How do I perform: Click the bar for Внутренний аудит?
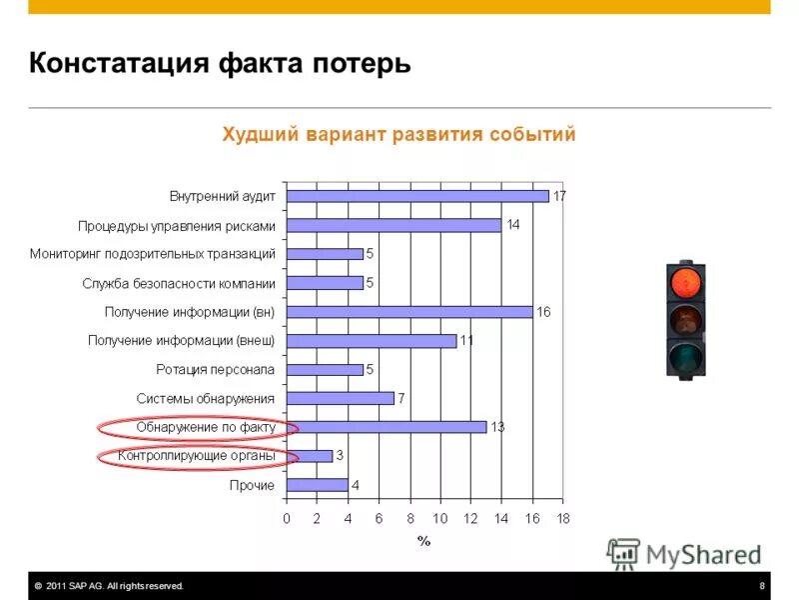coord(417,196)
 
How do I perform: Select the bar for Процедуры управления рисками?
coord(394,225)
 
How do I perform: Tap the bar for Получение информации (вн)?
coord(409,312)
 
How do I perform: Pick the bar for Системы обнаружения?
coord(341,398)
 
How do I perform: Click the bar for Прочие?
coord(318,485)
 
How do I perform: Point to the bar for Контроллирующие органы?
coord(310,456)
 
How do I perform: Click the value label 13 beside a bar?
coord(497,428)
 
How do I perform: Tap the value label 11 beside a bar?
coord(466,341)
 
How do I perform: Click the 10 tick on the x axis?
coord(440,518)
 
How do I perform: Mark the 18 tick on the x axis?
coord(563,518)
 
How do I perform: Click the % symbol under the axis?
coord(423,541)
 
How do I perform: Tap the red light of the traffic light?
coord(686,282)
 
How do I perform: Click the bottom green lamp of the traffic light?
coord(686,356)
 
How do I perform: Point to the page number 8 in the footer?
coord(762,586)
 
